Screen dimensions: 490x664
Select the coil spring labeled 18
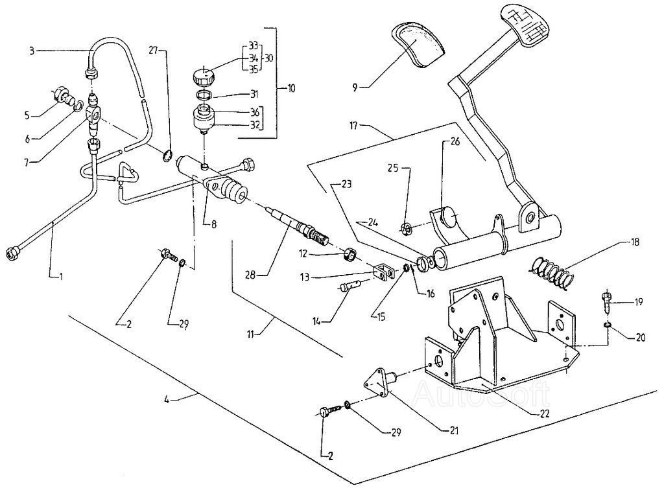pyautogui.click(x=551, y=270)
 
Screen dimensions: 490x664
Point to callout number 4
pyautogui.click(x=167, y=399)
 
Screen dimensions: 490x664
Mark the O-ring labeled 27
pyautogui.click(x=167, y=154)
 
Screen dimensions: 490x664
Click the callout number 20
pyautogui.click(x=640, y=336)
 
